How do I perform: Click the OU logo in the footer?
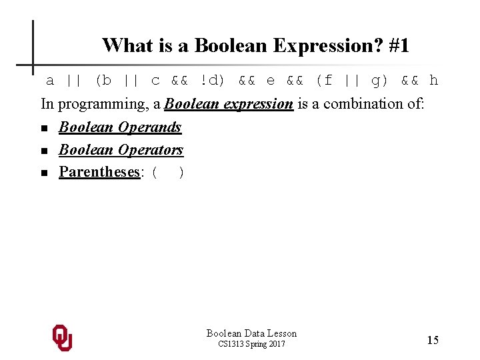coord(62,338)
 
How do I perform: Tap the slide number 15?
coord(433,340)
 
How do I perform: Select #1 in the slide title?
coord(399,45)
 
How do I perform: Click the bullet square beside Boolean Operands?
coord(44,128)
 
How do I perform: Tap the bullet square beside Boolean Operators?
coord(44,151)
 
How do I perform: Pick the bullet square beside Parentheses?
coord(44,173)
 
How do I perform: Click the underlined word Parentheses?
coord(99,172)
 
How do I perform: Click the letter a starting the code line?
coord(49,81)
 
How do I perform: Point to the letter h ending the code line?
coord(434,81)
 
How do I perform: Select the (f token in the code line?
coord(324,81)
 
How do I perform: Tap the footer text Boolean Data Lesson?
coord(251,333)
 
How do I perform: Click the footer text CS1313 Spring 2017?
coord(251,344)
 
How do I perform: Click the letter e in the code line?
coord(270,81)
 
